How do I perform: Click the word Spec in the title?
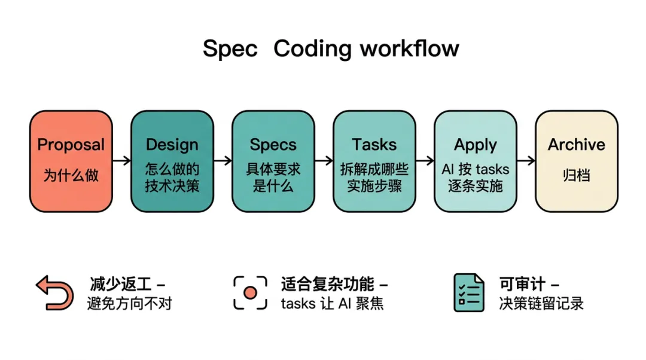(230, 49)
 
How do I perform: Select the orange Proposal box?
(71, 161)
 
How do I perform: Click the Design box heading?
(172, 145)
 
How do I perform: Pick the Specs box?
(273, 161)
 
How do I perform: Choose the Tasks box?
(374, 161)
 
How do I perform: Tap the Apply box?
(476, 161)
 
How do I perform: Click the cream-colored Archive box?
(577, 161)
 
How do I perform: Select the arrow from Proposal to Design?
(121, 160)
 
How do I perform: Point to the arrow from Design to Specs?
(223, 160)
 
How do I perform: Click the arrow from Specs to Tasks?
(324, 160)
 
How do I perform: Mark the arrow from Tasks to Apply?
(425, 160)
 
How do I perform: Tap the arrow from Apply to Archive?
(526, 160)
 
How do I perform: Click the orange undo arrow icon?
(54, 292)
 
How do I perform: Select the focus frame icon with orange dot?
(250, 292)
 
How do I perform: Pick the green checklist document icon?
(468, 292)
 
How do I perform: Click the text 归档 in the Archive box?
(577, 176)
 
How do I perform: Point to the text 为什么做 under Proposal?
(71, 176)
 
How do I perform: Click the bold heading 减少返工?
(120, 283)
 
